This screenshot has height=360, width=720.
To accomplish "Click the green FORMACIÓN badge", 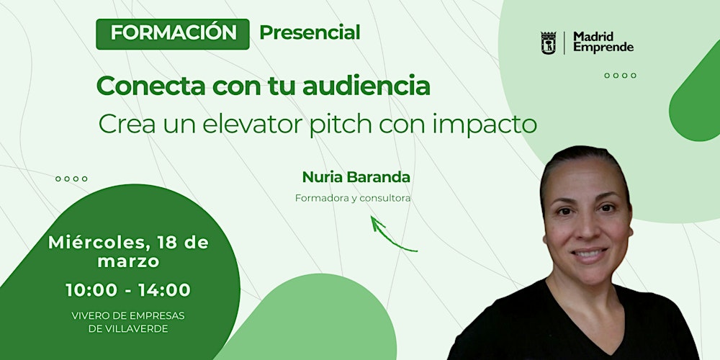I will (173, 34).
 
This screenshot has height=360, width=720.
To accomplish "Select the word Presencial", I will (310, 32).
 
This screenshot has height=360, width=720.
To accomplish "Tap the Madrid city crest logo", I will (549, 42).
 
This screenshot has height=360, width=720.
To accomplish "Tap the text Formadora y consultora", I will (352, 198).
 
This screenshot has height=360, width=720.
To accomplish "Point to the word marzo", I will (128, 262).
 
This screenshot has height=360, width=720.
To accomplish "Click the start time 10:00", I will (91, 290).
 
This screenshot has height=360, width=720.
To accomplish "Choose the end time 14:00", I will (166, 290).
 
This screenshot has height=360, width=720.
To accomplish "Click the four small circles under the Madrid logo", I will (620, 75).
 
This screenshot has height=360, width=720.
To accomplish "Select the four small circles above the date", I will (71, 179).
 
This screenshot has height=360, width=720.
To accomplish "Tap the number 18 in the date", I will (165, 243).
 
